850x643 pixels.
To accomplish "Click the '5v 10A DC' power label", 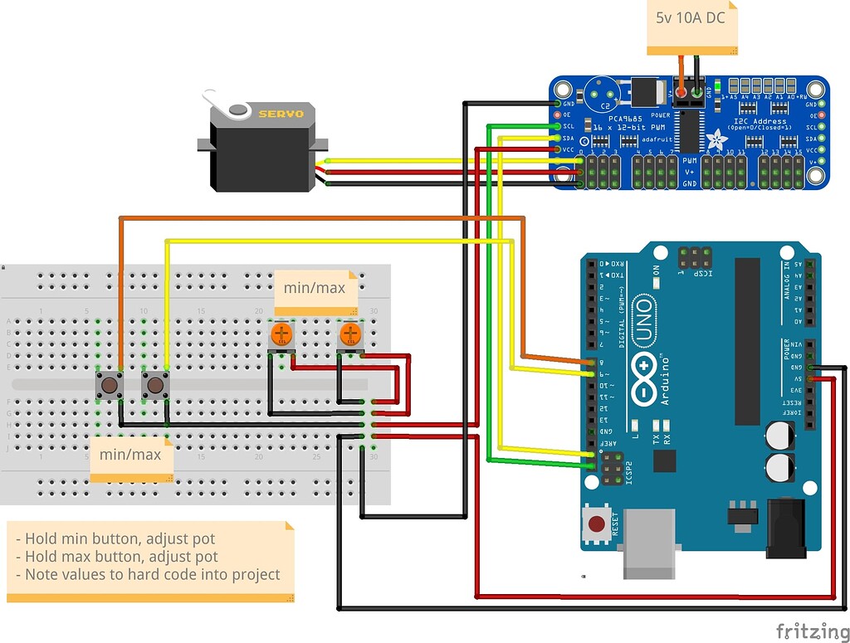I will click(690, 17).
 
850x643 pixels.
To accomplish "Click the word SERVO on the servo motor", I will click(281, 114).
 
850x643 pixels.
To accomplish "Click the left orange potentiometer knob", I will click(281, 334).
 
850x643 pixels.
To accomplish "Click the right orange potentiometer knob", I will click(350, 334).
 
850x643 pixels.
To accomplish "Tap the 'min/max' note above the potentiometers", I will click(314, 288).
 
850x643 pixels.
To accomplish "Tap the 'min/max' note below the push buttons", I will click(130, 455).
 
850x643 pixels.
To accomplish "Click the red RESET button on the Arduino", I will click(597, 524).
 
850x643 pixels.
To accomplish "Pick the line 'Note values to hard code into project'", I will click(152, 574).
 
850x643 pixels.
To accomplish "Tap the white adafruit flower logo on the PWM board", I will click(716, 139).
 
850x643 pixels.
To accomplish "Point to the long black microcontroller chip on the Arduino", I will click(746, 340).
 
